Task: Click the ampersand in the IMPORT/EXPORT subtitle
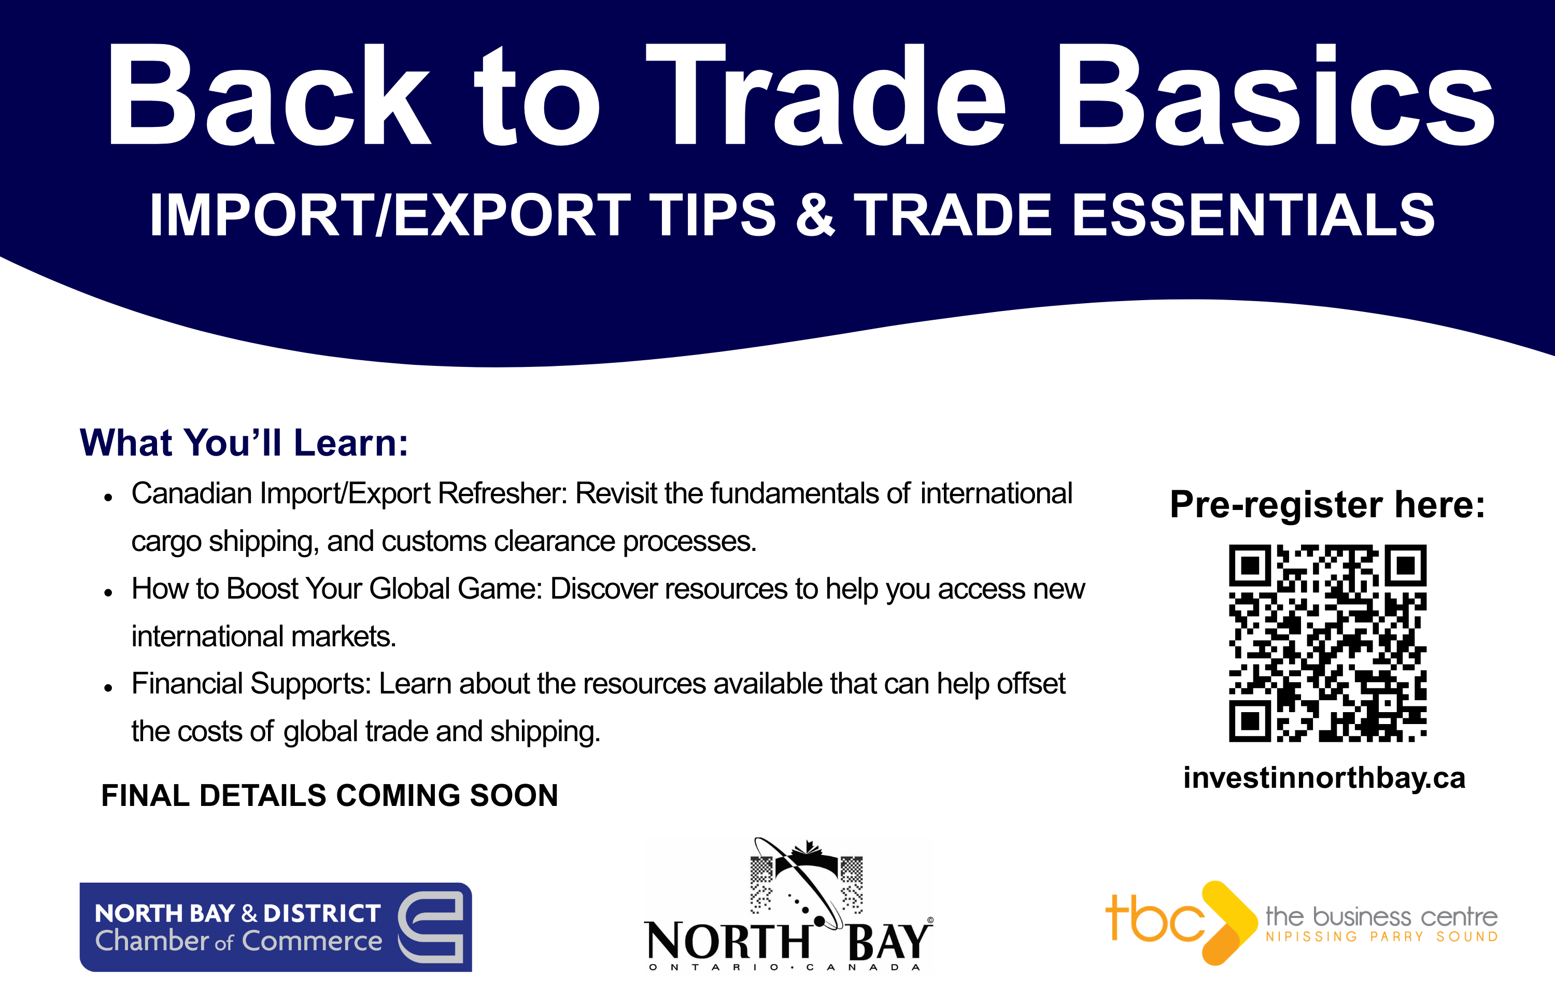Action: coord(816,214)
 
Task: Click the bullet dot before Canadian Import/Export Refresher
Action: coord(108,498)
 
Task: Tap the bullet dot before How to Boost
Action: coord(108,592)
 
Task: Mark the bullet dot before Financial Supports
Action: coord(108,688)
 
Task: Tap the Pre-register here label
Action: coord(1327,504)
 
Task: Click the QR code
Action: coord(1327,643)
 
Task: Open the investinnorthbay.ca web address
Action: coord(1324,778)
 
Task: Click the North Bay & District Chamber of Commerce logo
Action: coord(276,927)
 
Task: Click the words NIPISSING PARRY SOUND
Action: coord(1381,937)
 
